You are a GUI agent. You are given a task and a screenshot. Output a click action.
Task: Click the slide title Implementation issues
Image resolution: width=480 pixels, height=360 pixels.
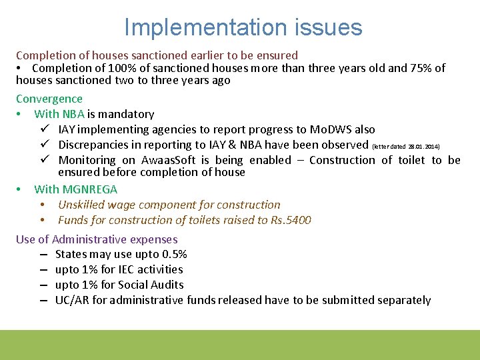[x=243, y=27]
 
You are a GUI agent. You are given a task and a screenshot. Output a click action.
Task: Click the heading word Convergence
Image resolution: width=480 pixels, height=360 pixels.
[x=49, y=99]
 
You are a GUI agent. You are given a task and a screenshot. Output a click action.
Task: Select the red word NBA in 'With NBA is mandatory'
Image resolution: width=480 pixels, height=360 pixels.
[x=73, y=114]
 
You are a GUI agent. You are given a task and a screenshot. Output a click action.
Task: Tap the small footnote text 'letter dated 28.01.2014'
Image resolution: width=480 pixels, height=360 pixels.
[x=405, y=146]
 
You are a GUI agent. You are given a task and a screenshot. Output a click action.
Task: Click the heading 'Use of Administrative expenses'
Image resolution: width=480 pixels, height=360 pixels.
[x=97, y=239]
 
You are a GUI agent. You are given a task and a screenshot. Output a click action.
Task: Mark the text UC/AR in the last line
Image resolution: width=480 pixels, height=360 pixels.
[x=72, y=300]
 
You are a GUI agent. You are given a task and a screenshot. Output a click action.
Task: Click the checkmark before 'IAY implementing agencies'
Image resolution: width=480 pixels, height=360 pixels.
[x=43, y=129]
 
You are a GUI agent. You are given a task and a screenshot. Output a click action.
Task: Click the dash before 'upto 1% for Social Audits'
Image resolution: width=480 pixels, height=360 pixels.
[x=43, y=285]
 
